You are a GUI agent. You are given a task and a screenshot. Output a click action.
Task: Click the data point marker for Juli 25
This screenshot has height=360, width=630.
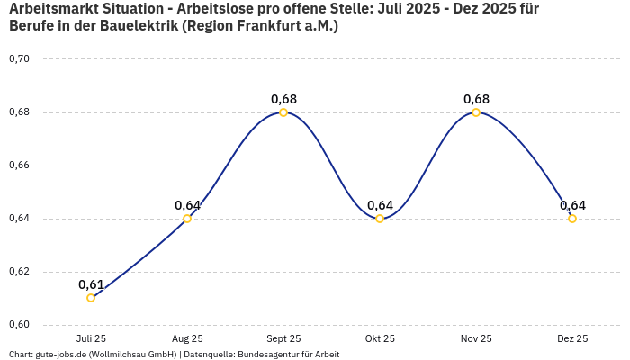click(x=91, y=298)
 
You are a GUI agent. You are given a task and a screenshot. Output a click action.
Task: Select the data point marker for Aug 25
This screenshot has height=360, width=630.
click(x=187, y=219)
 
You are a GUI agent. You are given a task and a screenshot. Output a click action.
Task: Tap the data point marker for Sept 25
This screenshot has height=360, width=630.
click(x=283, y=112)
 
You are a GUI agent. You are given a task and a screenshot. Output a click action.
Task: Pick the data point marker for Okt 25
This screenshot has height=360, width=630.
click(x=380, y=219)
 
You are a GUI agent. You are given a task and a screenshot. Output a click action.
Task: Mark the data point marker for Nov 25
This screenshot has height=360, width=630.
click(x=476, y=112)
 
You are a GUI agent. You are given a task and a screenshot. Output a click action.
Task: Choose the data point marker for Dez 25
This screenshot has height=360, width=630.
click(x=572, y=219)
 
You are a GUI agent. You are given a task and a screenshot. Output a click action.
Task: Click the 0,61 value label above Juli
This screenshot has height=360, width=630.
click(x=91, y=284)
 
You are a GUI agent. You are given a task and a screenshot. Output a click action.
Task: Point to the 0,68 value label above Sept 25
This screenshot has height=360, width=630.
click(x=283, y=99)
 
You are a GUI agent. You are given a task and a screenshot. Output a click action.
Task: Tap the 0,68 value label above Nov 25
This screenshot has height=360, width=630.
click(x=476, y=99)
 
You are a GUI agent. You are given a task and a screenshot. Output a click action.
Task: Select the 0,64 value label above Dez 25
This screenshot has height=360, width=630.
click(x=572, y=205)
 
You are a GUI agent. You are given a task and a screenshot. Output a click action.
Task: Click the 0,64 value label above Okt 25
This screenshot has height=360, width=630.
click(x=380, y=205)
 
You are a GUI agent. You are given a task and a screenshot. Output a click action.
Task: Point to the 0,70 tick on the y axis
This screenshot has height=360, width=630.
click(x=19, y=59)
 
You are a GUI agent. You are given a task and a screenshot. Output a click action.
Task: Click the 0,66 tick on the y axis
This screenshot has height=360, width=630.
click(x=19, y=166)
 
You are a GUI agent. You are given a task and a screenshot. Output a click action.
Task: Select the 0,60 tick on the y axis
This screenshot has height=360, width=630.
click(x=19, y=325)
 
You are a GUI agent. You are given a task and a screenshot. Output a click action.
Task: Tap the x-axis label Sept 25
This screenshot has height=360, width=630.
click(x=283, y=338)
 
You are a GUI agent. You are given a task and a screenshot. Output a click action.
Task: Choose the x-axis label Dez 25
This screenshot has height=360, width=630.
click(x=572, y=338)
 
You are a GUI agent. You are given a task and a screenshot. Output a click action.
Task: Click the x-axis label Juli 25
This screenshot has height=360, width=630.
click(x=91, y=338)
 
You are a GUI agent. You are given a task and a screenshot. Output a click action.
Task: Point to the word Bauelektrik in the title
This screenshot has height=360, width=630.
click(x=132, y=26)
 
